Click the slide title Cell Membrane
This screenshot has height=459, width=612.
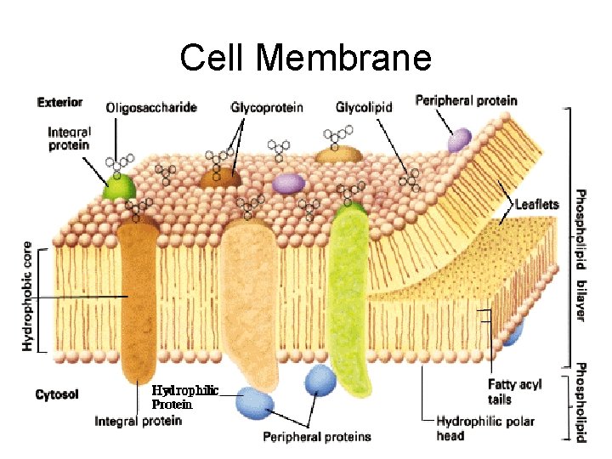(305, 58)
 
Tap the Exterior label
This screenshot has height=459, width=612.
(59, 102)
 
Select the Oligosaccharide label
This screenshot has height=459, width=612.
(151, 108)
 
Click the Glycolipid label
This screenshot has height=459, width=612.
(364, 108)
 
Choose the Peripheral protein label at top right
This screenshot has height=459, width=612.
(465, 100)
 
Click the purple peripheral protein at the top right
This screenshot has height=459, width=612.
(459, 139)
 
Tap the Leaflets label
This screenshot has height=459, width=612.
(536, 204)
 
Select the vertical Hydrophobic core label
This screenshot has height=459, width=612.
(28, 293)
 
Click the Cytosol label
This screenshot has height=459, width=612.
(58, 395)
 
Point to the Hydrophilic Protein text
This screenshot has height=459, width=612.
(184, 397)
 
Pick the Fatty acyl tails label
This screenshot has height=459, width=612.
(514, 392)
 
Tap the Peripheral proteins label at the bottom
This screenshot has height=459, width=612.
(316, 437)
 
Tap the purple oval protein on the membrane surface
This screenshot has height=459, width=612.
(289, 183)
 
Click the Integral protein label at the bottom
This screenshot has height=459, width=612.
(138, 421)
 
